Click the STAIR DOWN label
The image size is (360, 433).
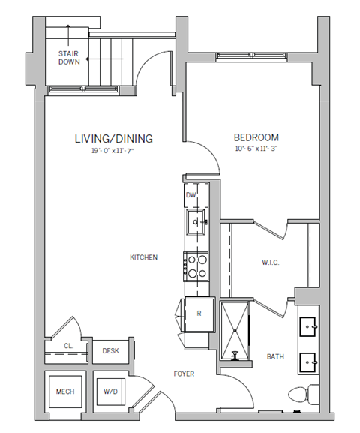point(70,57)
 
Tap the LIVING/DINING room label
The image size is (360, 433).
point(114,138)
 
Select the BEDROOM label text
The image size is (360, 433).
point(256,137)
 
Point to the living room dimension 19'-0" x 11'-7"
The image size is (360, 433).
point(114,151)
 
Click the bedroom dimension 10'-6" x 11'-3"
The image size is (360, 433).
point(256,149)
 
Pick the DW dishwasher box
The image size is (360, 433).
point(191,195)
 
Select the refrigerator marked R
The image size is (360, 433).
point(198,314)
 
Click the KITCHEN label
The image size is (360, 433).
point(143,257)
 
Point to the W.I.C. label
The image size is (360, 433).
point(271,262)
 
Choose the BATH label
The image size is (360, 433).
point(276,356)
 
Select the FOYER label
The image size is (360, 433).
point(184,373)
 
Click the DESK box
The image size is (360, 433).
point(111,350)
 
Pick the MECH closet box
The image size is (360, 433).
point(65,391)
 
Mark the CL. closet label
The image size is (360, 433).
point(67,347)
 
